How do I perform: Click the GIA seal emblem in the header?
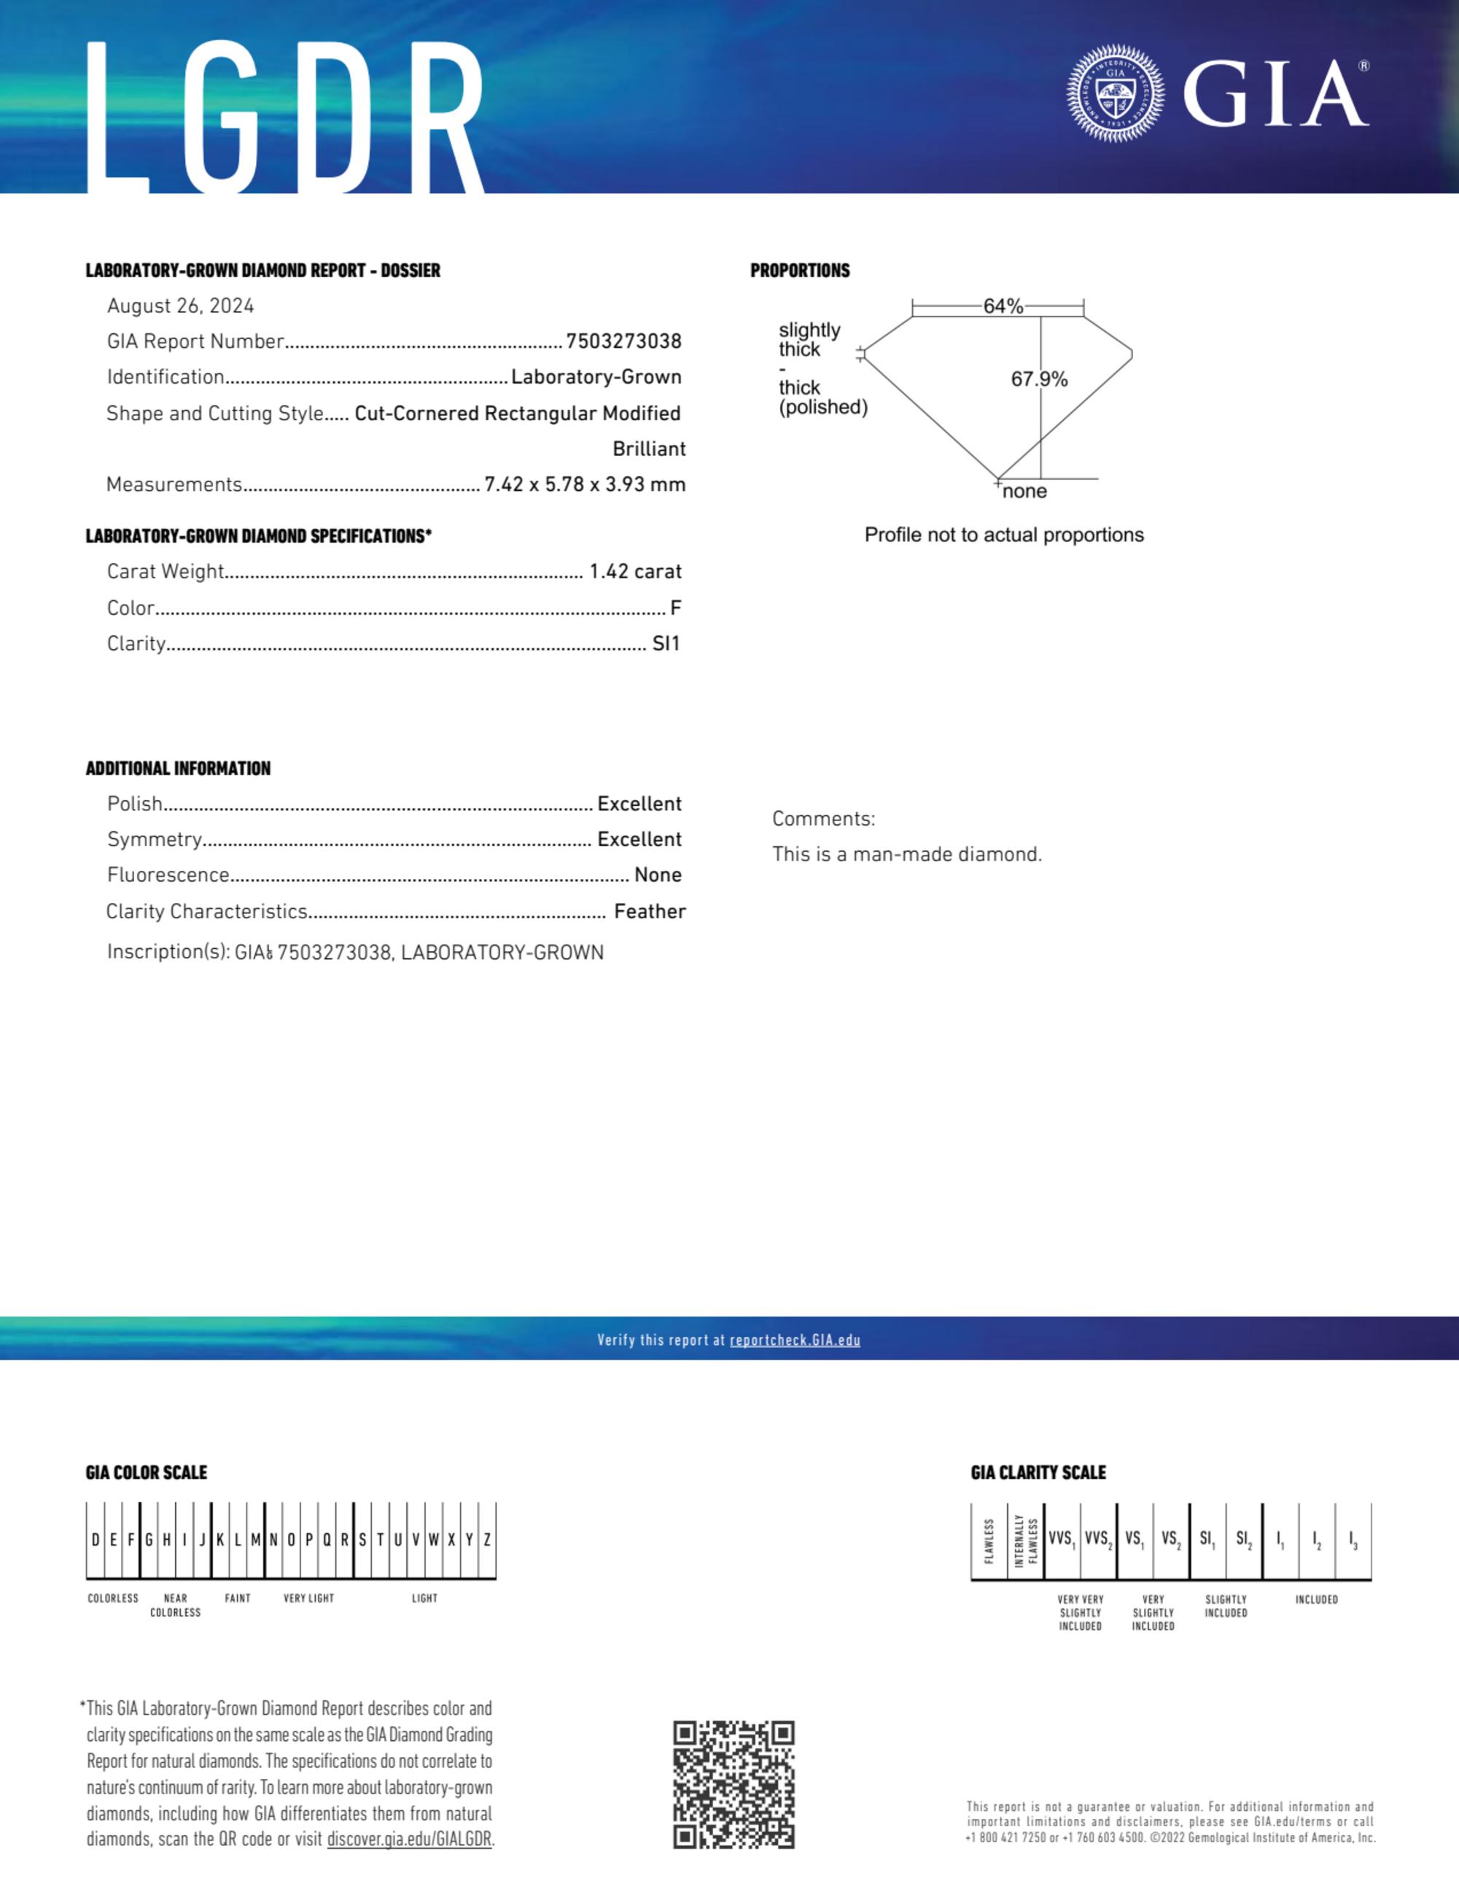point(1115,93)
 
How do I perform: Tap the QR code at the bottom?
point(734,1783)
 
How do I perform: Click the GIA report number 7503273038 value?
point(623,341)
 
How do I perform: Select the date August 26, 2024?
point(181,306)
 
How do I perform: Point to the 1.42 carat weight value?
point(635,572)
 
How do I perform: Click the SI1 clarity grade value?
point(666,643)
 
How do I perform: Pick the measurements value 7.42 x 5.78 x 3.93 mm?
point(585,484)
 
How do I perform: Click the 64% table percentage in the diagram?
point(1003,306)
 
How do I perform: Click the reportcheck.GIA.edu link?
point(795,1340)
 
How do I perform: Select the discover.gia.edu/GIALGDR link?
point(409,1839)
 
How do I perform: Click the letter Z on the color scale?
point(487,1540)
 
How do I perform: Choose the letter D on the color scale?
point(95,1540)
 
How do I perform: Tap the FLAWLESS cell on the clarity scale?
point(989,1540)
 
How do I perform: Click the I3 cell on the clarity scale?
point(1353,1540)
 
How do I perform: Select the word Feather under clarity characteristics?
point(650,912)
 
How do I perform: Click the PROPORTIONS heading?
point(800,271)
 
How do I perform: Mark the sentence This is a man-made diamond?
point(907,855)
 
